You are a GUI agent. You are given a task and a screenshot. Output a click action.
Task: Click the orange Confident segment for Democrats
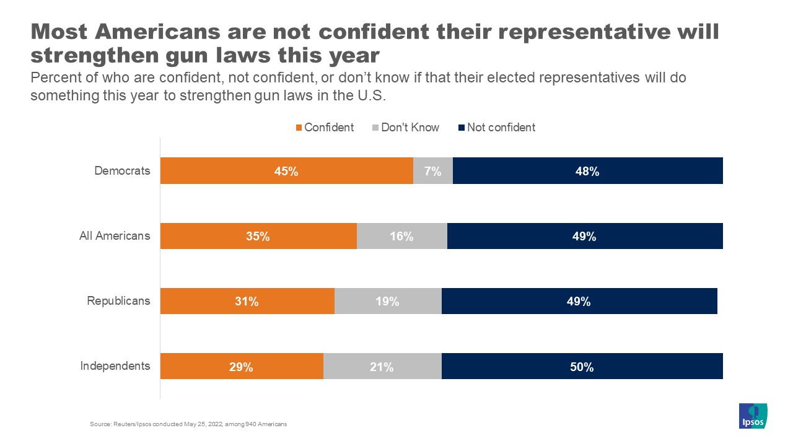pyautogui.click(x=286, y=171)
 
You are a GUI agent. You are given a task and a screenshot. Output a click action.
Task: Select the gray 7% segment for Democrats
pyautogui.click(x=432, y=171)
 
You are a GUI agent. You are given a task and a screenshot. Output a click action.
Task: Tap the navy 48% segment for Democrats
pyautogui.click(x=587, y=171)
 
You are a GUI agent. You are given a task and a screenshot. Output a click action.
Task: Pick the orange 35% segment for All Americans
pyautogui.click(x=258, y=236)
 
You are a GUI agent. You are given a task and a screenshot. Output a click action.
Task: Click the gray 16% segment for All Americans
pyautogui.click(x=401, y=236)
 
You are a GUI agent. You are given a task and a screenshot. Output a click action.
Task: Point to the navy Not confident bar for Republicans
pyautogui.click(x=579, y=301)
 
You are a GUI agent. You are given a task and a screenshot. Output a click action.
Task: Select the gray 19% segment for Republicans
pyautogui.click(x=388, y=301)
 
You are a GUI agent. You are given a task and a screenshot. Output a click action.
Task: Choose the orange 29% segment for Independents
pyautogui.click(x=242, y=366)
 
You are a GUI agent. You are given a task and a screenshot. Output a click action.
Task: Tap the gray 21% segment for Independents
pyautogui.click(x=382, y=366)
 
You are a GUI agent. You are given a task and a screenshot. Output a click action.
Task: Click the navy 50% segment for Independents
pyautogui.click(x=582, y=366)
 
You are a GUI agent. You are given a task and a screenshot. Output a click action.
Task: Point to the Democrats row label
pyautogui.click(x=122, y=171)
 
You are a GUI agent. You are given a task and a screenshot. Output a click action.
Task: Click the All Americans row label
pyautogui.click(x=115, y=236)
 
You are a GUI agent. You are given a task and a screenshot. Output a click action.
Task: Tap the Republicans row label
pyautogui.click(x=118, y=301)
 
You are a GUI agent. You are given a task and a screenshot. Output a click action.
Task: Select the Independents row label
pyautogui.click(x=115, y=366)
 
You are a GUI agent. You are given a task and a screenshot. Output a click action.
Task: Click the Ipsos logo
pyautogui.click(x=753, y=416)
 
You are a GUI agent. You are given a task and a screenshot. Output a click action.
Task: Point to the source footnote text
pyautogui.click(x=188, y=424)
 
